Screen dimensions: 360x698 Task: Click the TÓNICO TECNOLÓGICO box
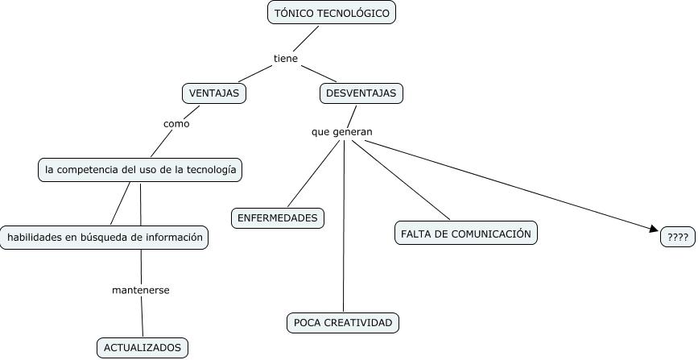tap(332, 13)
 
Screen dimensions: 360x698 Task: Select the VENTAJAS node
tap(213, 93)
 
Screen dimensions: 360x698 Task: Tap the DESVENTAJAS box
tap(361, 93)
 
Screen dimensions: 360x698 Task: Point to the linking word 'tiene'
tap(286, 58)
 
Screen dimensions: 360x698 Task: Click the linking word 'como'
tap(176, 124)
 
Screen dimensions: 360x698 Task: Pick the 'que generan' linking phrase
tap(342, 131)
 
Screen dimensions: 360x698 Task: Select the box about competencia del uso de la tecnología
tap(141, 170)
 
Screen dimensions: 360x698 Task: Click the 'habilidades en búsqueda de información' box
tap(105, 238)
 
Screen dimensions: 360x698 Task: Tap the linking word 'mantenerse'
tap(140, 289)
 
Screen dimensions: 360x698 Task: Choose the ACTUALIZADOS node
tap(142, 348)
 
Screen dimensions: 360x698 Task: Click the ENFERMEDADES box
tap(277, 217)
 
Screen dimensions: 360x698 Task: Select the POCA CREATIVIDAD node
tap(343, 323)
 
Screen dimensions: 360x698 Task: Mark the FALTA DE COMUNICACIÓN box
tap(466, 233)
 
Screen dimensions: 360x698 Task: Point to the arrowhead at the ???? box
tap(654, 230)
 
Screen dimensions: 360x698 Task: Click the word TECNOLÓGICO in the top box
tap(354, 13)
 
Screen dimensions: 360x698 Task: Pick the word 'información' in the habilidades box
tap(173, 238)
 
